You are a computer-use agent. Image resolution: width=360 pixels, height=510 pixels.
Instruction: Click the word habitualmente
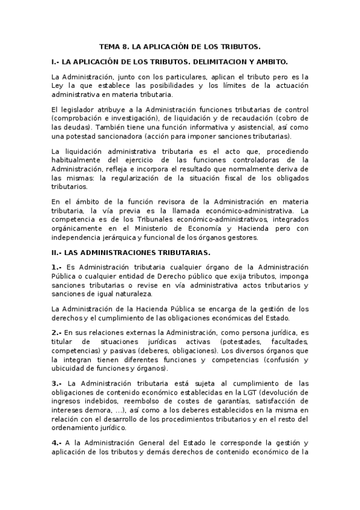79,160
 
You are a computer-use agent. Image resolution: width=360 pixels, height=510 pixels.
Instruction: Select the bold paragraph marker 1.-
57,267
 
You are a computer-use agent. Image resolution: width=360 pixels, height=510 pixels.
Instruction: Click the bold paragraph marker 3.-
57,383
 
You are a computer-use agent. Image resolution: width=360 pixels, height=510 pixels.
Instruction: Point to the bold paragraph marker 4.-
57,442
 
